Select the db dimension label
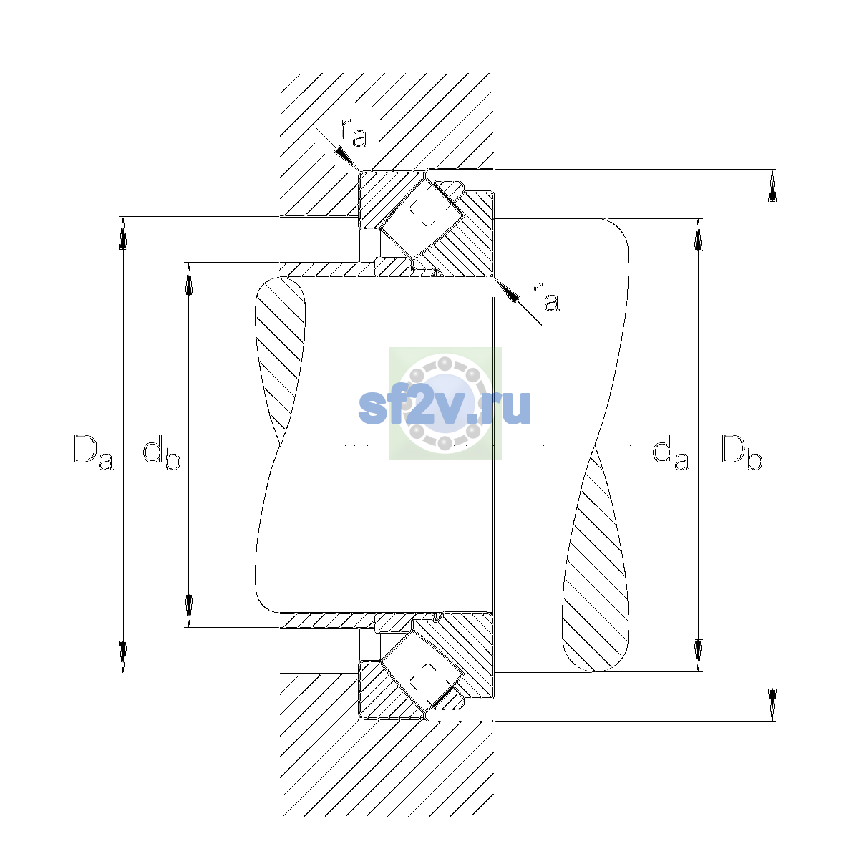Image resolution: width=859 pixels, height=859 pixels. (x=161, y=452)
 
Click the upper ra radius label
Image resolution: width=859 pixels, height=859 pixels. (x=354, y=133)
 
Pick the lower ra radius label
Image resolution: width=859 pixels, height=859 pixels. (x=545, y=296)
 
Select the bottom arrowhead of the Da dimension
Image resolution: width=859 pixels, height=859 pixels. (x=122, y=657)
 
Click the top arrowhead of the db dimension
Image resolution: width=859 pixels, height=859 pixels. (x=188, y=279)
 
